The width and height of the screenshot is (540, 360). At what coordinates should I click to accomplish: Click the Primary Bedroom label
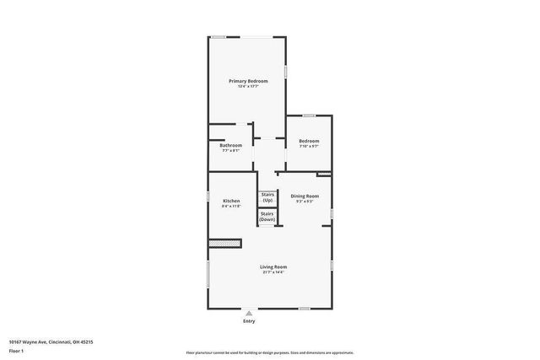(x=247, y=81)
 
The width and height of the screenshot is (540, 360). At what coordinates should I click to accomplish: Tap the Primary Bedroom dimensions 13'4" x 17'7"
(x=247, y=86)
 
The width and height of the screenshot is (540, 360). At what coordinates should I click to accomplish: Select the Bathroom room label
(x=231, y=145)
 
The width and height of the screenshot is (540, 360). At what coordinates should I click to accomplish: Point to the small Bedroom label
(x=309, y=141)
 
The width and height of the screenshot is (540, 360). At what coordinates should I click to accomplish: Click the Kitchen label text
(x=231, y=201)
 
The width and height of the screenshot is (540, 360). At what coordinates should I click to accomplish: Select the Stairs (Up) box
(x=267, y=198)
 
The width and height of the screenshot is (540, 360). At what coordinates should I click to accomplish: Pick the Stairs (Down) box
(x=267, y=217)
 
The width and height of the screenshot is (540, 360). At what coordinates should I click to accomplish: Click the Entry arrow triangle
(x=248, y=312)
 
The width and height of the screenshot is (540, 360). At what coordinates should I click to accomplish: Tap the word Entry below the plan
(x=248, y=321)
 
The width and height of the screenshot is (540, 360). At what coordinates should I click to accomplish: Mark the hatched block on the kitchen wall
(x=225, y=244)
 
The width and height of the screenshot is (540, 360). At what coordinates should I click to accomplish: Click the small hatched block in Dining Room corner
(x=324, y=175)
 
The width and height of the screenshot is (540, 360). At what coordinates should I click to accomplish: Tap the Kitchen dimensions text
(x=231, y=206)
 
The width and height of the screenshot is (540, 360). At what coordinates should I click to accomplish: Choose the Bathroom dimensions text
(x=231, y=151)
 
